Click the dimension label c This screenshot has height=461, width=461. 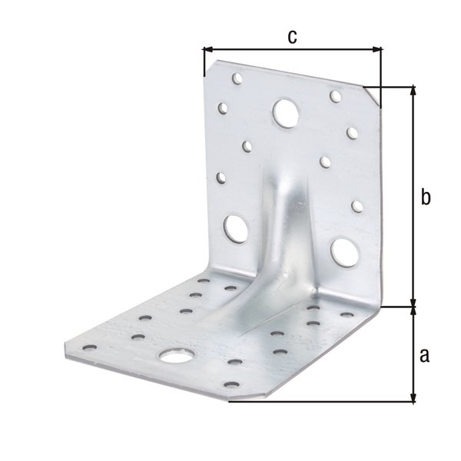tap(292, 35)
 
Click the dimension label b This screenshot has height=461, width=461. tap(426, 197)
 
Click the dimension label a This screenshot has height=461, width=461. tap(425, 355)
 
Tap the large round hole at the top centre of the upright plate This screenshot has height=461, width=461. tap(286, 113)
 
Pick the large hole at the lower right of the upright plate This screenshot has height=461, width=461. tap(343, 250)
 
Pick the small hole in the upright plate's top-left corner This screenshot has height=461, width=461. tap(237, 78)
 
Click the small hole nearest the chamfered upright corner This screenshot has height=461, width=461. tap(336, 96)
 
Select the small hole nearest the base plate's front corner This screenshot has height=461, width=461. tap(230, 383)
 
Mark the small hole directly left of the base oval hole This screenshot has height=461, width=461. tap(138, 337)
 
